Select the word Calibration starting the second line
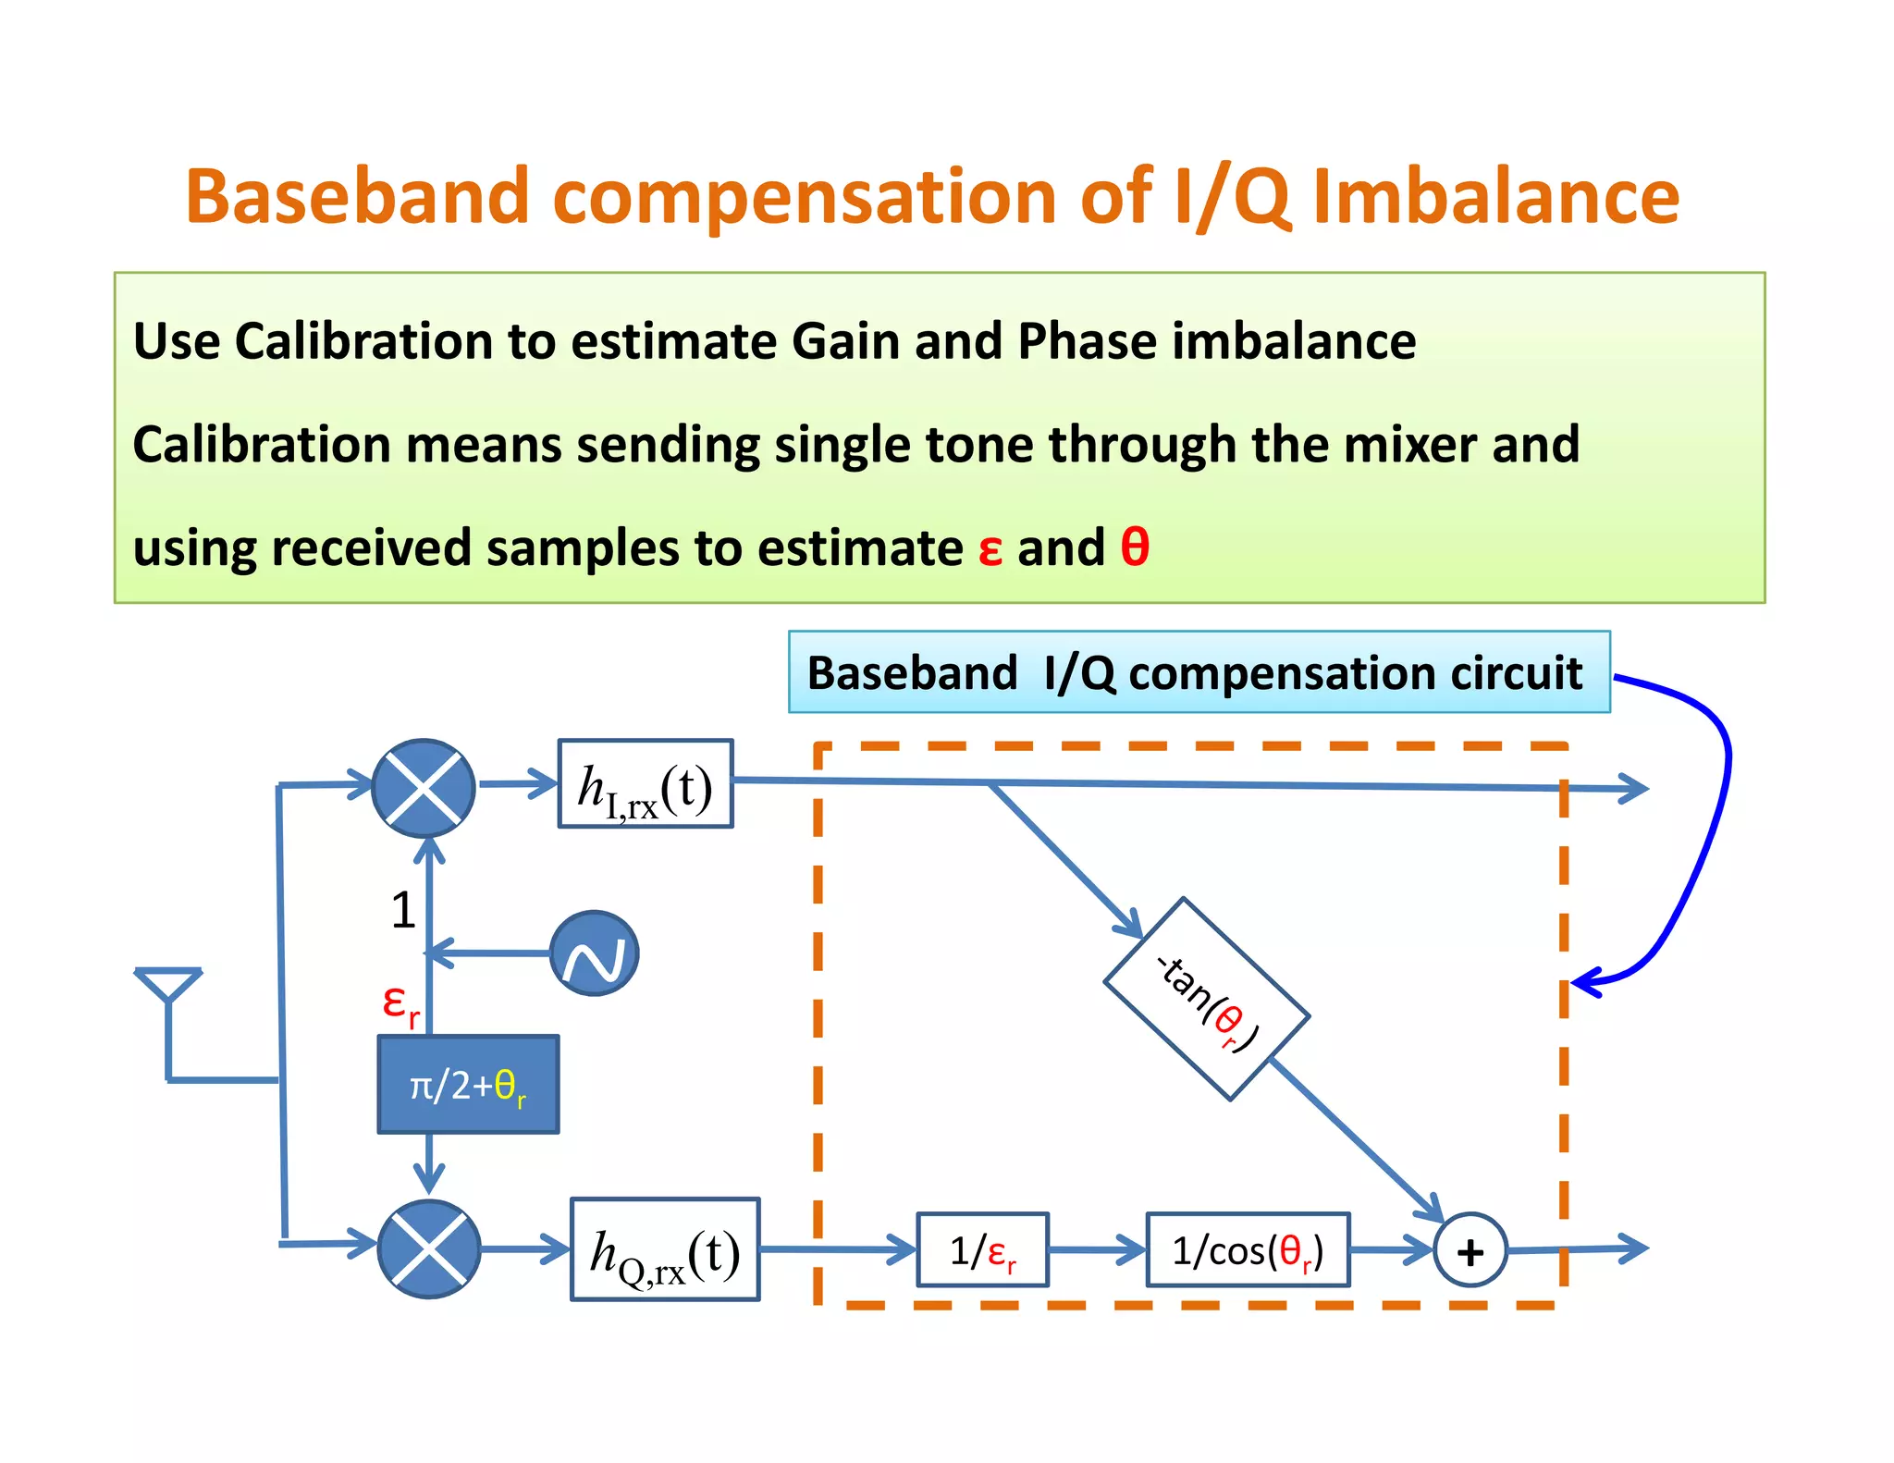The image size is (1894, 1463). click(262, 445)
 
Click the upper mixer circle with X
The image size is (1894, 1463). click(424, 789)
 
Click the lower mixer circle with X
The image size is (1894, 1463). click(429, 1249)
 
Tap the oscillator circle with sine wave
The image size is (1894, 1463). click(594, 953)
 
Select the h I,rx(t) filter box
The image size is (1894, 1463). click(646, 784)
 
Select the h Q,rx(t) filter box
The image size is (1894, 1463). click(665, 1249)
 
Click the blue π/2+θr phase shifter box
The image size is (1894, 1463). click(468, 1085)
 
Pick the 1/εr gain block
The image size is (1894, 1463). click(982, 1250)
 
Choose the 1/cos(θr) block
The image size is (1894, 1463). click(1248, 1250)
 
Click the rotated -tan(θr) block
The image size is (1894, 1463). click(1206, 1000)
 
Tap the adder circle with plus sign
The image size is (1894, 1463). click(1470, 1250)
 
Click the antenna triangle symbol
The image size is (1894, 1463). click(167, 983)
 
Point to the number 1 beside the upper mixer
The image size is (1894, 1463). click(402, 910)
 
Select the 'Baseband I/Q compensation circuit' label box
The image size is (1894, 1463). click(1199, 672)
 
